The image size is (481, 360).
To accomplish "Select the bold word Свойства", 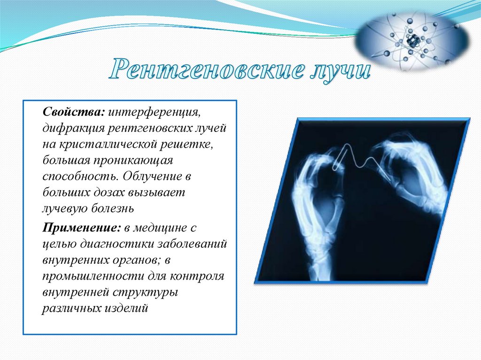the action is coord(74,112).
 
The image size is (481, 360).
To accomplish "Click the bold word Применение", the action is coord(82,228).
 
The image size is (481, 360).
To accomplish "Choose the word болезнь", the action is coord(113,208).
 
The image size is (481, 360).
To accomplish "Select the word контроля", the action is coord(197,276).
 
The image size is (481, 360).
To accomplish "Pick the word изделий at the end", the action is coord(126,308).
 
